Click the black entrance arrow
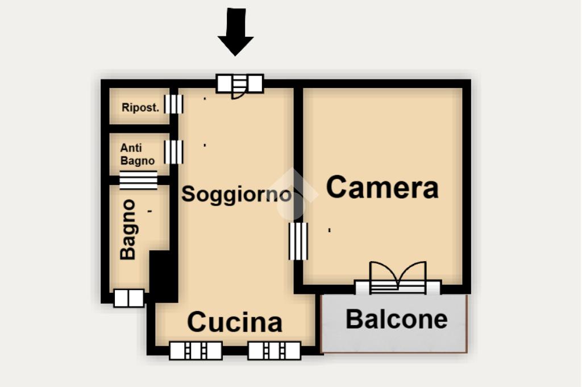tap(235, 32)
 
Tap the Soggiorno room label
tap(236, 195)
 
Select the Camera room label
tap(382, 187)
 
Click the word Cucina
tap(235, 322)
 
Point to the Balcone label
tap(396, 319)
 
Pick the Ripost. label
tap(140, 107)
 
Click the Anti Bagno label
tap(137, 154)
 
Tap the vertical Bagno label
tap(128, 229)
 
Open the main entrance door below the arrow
tap(240, 85)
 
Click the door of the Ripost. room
tap(174, 104)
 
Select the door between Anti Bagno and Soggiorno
tap(174, 152)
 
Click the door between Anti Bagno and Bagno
tap(138, 180)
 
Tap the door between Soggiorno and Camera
tap(298, 241)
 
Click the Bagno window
tap(128, 298)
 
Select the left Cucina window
tap(196, 351)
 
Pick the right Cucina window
tap(274, 351)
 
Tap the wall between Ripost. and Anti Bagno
tap(139, 129)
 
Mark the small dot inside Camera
tap(330, 230)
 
